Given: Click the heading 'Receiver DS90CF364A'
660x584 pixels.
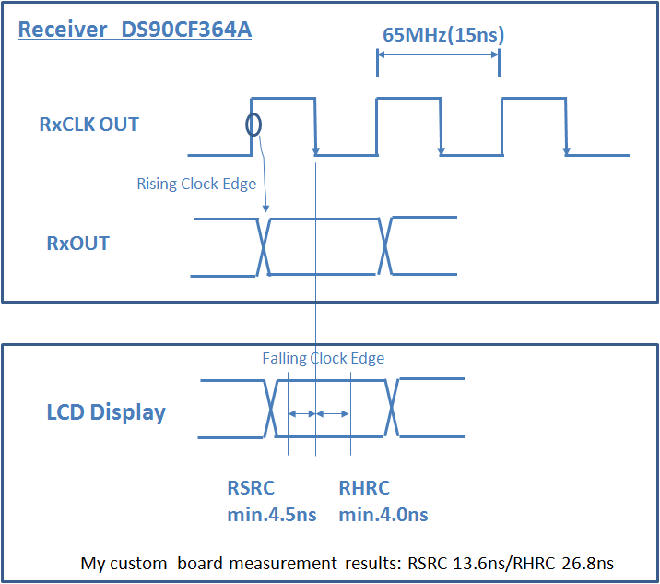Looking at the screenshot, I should click(x=135, y=30).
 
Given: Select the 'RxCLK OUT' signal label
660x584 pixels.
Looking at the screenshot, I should click(x=89, y=125).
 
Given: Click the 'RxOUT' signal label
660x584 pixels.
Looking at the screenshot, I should click(x=77, y=244).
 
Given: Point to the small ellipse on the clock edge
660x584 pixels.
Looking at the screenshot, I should click(x=253, y=124).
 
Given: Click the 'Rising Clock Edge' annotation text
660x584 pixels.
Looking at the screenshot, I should click(x=196, y=184).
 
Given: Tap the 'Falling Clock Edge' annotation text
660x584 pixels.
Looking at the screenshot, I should click(x=324, y=358).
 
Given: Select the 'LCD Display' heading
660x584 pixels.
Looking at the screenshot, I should click(x=106, y=411).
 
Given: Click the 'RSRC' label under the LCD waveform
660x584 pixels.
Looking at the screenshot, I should click(x=251, y=488).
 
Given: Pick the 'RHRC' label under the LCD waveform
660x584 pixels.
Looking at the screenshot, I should click(x=364, y=488).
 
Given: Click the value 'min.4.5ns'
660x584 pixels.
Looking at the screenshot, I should click(x=272, y=515).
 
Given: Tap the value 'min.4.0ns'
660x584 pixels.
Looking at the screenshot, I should click(x=383, y=515).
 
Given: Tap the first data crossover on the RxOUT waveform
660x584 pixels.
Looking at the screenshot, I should click(x=265, y=246).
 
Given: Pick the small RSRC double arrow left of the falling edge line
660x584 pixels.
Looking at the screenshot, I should click(x=301, y=414).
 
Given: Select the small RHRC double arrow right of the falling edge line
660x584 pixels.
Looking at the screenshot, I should click(x=333, y=414).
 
